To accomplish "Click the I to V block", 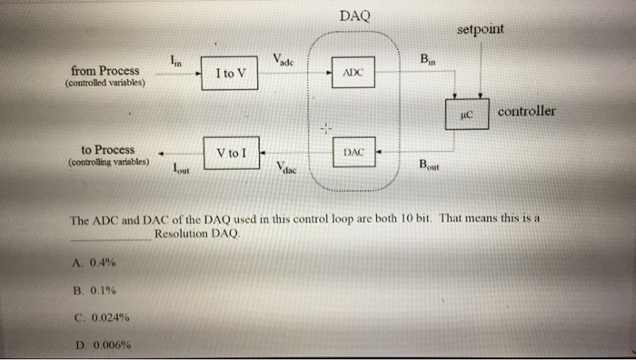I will click(230, 72).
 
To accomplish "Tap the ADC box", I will click(355, 71).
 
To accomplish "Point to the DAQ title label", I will click(354, 16).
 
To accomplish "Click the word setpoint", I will click(481, 29).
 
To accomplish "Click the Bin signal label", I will click(425, 61).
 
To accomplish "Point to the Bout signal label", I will click(427, 165).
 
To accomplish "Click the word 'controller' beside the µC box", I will click(527, 112).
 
